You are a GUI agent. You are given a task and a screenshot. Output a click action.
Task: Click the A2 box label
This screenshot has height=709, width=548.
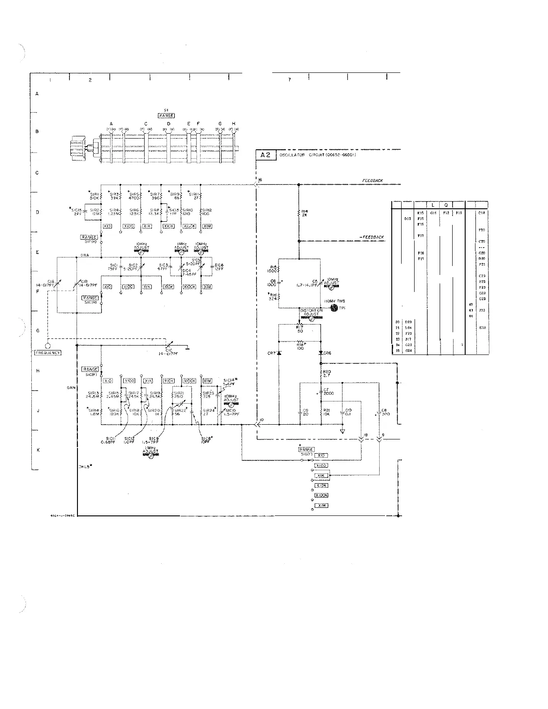coord(266,155)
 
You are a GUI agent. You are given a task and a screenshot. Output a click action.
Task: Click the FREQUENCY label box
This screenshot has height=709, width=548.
coord(48,353)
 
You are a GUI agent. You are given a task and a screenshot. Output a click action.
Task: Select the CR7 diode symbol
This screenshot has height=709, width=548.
coord(279,353)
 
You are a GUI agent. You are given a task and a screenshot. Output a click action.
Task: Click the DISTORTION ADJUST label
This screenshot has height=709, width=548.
coord(311,312)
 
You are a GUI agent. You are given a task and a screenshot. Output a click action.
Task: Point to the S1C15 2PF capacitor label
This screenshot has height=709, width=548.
coord(77,211)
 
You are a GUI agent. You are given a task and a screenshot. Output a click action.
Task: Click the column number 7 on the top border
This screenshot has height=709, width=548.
coord(289,80)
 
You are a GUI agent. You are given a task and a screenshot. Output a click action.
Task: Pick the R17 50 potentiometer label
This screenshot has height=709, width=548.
coord(300,329)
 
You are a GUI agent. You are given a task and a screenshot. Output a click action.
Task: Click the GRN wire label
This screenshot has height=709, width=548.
coord(71,388)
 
